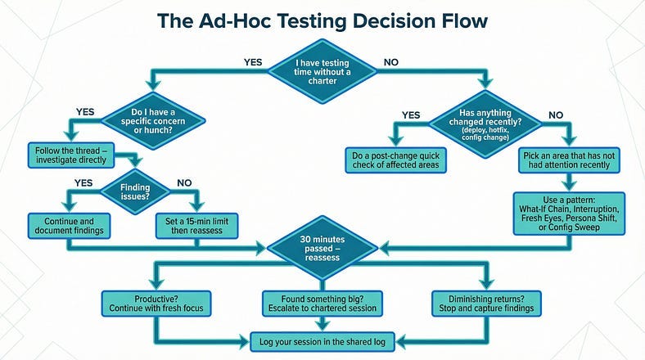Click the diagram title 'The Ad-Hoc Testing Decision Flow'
click(x=322, y=21)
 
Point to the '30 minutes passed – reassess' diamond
click(x=322, y=245)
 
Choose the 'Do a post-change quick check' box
click(x=395, y=159)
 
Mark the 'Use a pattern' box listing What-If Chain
click(x=569, y=213)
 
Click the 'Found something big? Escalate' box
click(x=322, y=304)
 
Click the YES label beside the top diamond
click(x=254, y=61)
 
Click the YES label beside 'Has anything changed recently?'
click(x=411, y=115)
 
